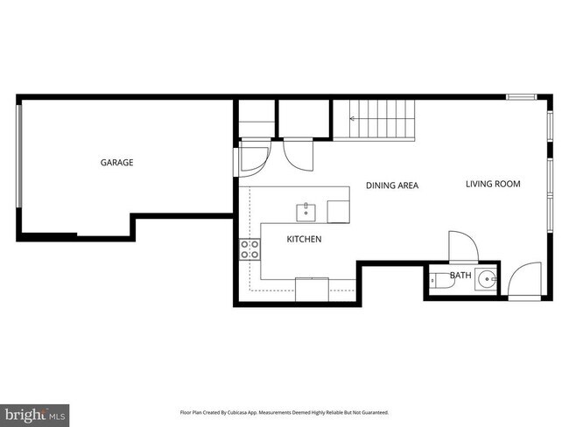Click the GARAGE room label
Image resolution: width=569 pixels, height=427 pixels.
coord(116,162)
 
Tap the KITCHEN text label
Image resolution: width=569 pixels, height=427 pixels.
coord(304,239)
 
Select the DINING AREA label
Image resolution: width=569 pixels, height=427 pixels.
coord(391,185)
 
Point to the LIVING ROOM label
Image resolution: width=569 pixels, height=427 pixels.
coord(493,184)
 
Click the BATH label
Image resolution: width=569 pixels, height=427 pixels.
coord(460,276)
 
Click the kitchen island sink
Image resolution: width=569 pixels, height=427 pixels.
coord(306,210)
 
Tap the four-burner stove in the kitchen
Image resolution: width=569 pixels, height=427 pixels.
coord(249,248)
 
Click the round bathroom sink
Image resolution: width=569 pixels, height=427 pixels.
coord(487,281)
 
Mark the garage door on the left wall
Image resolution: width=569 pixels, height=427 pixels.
coord(19,165)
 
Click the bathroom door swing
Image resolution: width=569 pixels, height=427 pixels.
coord(459,245)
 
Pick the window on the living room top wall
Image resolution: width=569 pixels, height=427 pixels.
coord(520,96)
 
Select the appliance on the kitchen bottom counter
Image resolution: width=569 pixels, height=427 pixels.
coord(312,289)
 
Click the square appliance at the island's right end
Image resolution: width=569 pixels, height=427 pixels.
coord(339,211)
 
